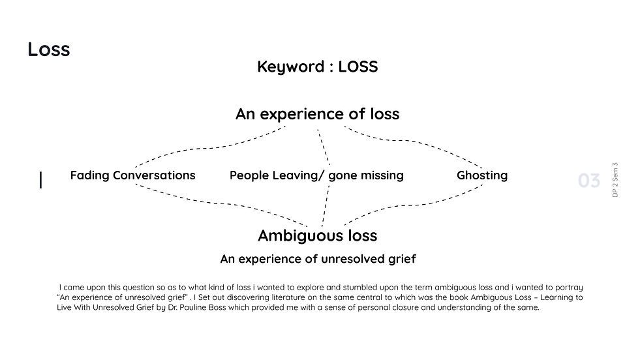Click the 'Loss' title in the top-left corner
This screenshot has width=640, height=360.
click(48, 50)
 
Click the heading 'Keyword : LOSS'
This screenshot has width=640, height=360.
click(317, 67)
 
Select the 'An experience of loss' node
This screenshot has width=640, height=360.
click(317, 114)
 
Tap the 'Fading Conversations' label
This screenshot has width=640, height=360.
click(132, 175)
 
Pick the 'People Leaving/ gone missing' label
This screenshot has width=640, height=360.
click(316, 175)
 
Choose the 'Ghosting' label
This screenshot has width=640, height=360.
click(481, 175)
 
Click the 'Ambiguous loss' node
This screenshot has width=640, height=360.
click(317, 235)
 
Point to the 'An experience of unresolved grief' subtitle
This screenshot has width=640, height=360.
click(318, 259)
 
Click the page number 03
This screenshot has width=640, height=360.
click(588, 181)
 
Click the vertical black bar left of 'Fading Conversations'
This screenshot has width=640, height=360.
click(41, 180)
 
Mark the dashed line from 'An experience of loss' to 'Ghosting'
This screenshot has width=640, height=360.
click(418, 141)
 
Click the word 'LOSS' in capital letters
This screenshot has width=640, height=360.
click(358, 67)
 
